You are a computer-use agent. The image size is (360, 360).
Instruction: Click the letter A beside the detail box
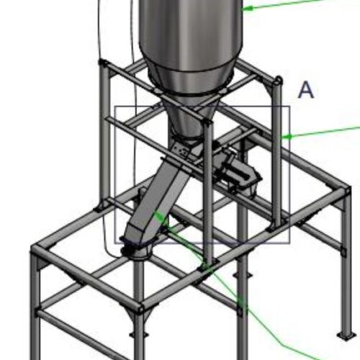(x=306, y=90)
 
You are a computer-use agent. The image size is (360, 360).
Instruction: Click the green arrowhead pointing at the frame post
(x=284, y=135)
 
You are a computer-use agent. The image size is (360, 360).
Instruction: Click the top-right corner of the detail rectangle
(x=289, y=107)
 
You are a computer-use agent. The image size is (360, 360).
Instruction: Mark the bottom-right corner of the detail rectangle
(x=289, y=243)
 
